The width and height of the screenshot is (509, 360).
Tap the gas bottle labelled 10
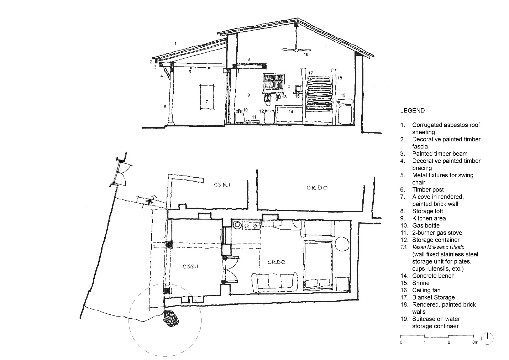coord(239,116)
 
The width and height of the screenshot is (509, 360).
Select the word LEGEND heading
coord(413,111)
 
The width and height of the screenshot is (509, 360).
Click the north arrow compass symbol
coord(487,339)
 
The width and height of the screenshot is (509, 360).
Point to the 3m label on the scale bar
coord(475,342)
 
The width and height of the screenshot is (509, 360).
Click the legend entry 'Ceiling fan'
coord(426,290)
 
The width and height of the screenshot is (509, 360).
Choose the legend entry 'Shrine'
coord(421,283)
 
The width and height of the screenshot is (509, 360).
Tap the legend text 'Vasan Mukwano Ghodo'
coord(438,247)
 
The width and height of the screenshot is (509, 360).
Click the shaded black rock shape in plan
coord(171,318)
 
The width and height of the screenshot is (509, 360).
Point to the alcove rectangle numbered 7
coord(207,97)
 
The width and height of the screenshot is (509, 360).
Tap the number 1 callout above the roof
coord(175,43)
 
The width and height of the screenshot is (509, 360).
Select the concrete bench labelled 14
coord(289,114)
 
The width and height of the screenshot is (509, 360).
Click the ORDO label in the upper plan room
coord(317,188)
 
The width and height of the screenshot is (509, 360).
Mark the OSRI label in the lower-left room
coord(191,266)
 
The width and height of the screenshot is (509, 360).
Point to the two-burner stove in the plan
coord(251,226)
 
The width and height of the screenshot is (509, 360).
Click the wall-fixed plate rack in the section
coord(274,83)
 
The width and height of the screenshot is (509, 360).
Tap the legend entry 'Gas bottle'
coord(426,226)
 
